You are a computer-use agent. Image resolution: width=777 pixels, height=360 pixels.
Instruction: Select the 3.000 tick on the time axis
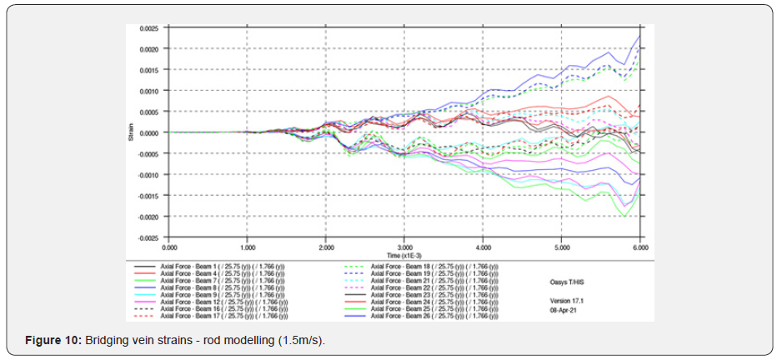pos(404,248)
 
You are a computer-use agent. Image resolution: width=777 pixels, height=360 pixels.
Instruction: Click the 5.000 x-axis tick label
pos(562,248)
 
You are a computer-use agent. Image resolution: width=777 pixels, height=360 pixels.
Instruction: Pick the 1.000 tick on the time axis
pos(248,248)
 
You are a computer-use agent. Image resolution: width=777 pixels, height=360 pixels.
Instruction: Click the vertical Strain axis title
pos(131,132)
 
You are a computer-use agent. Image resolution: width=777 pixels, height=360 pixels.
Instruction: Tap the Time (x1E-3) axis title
pos(405,255)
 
